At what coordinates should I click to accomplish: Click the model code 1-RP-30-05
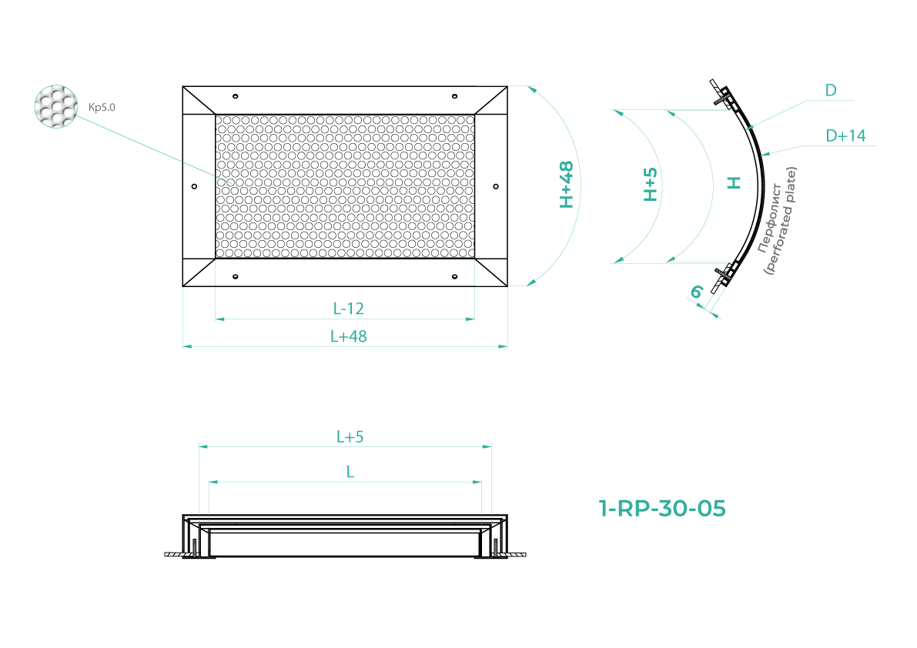point(662,509)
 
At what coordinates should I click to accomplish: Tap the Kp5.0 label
point(102,108)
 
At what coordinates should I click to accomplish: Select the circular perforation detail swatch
point(56,106)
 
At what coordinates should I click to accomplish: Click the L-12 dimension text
point(349,309)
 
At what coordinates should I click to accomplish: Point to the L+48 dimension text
point(349,336)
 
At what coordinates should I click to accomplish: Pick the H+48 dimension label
point(566,185)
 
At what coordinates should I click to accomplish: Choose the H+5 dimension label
point(651,185)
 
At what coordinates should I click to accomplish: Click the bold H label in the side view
point(734,183)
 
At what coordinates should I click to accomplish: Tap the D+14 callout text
point(845,135)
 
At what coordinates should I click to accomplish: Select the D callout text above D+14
point(831,91)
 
